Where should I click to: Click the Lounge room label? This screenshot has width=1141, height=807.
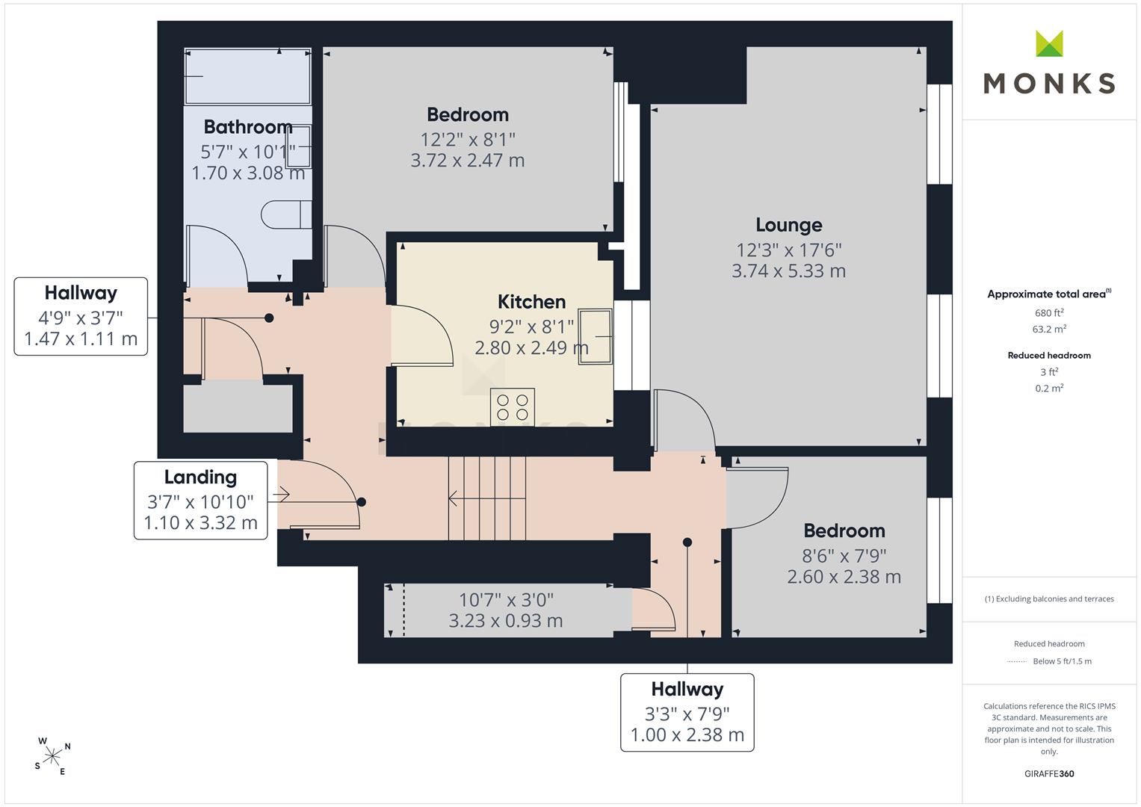click(x=788, y=225)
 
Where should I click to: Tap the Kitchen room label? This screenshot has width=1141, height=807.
click(x=531, y=302)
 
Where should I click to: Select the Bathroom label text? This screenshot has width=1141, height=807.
click(x=248, y=127)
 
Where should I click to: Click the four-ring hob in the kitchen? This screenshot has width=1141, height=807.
click(x=513, y=407)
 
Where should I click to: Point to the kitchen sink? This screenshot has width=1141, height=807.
click(x=595, y=336)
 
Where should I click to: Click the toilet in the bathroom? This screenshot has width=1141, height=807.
click(x=286, y=214)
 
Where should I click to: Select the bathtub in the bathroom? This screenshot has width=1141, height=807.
click(x=247, y=76)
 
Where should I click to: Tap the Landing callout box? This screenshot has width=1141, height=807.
click(x=201, y=501)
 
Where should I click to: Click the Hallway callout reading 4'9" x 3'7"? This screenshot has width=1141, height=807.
click(x=81, y=316)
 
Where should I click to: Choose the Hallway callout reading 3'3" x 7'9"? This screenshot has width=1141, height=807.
click(x=687, y=712)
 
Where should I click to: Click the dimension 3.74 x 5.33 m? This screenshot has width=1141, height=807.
click(x=788, y=271)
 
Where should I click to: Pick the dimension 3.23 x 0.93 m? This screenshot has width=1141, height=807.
click(x=506, y=621)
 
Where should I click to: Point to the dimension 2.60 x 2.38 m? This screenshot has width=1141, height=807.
click(x=844, y=577)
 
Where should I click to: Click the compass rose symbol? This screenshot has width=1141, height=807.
click(x=52, y=756)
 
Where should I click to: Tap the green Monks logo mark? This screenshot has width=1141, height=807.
click(x=1049, y=43)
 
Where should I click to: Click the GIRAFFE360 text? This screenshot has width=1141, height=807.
click(x=1049, y=773)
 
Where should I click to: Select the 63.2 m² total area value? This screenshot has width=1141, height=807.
click(x=1049, y=329)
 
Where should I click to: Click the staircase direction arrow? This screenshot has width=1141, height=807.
click(x=486, y=498)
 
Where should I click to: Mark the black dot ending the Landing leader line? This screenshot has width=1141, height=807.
click(x=362, y=502)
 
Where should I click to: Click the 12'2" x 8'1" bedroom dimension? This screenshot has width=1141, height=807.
click(x=468, y=140)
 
